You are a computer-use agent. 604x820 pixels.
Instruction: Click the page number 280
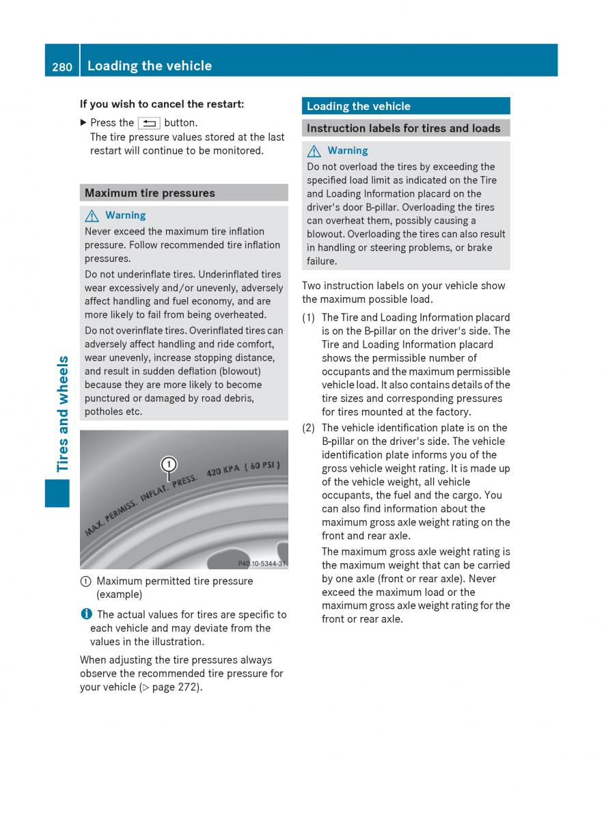coord(61,66)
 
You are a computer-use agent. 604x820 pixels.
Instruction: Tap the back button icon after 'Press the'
coord(149,124)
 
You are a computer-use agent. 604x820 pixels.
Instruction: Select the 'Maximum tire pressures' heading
coord(150,193)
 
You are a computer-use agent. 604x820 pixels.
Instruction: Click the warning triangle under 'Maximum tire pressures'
coord(92,216)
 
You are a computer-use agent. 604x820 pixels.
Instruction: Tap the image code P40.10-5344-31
coord(262,564)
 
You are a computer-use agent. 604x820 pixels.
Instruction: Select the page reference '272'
coord(189,687)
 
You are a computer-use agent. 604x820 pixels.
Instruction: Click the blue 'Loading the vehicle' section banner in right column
coord(406,106)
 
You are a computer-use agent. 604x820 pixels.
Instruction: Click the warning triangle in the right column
coord(314,151)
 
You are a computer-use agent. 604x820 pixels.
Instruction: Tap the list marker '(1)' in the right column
coord(309,318)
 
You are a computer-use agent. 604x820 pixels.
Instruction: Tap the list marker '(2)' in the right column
coord(309,428)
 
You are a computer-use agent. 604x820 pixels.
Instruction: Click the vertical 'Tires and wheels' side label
coord(63,413)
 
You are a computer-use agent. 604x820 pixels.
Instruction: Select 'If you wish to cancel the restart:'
coord(161,105)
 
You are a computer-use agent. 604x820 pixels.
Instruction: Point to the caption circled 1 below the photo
coord(85,582)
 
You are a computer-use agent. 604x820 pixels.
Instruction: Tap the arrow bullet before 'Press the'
coord(83,123)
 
